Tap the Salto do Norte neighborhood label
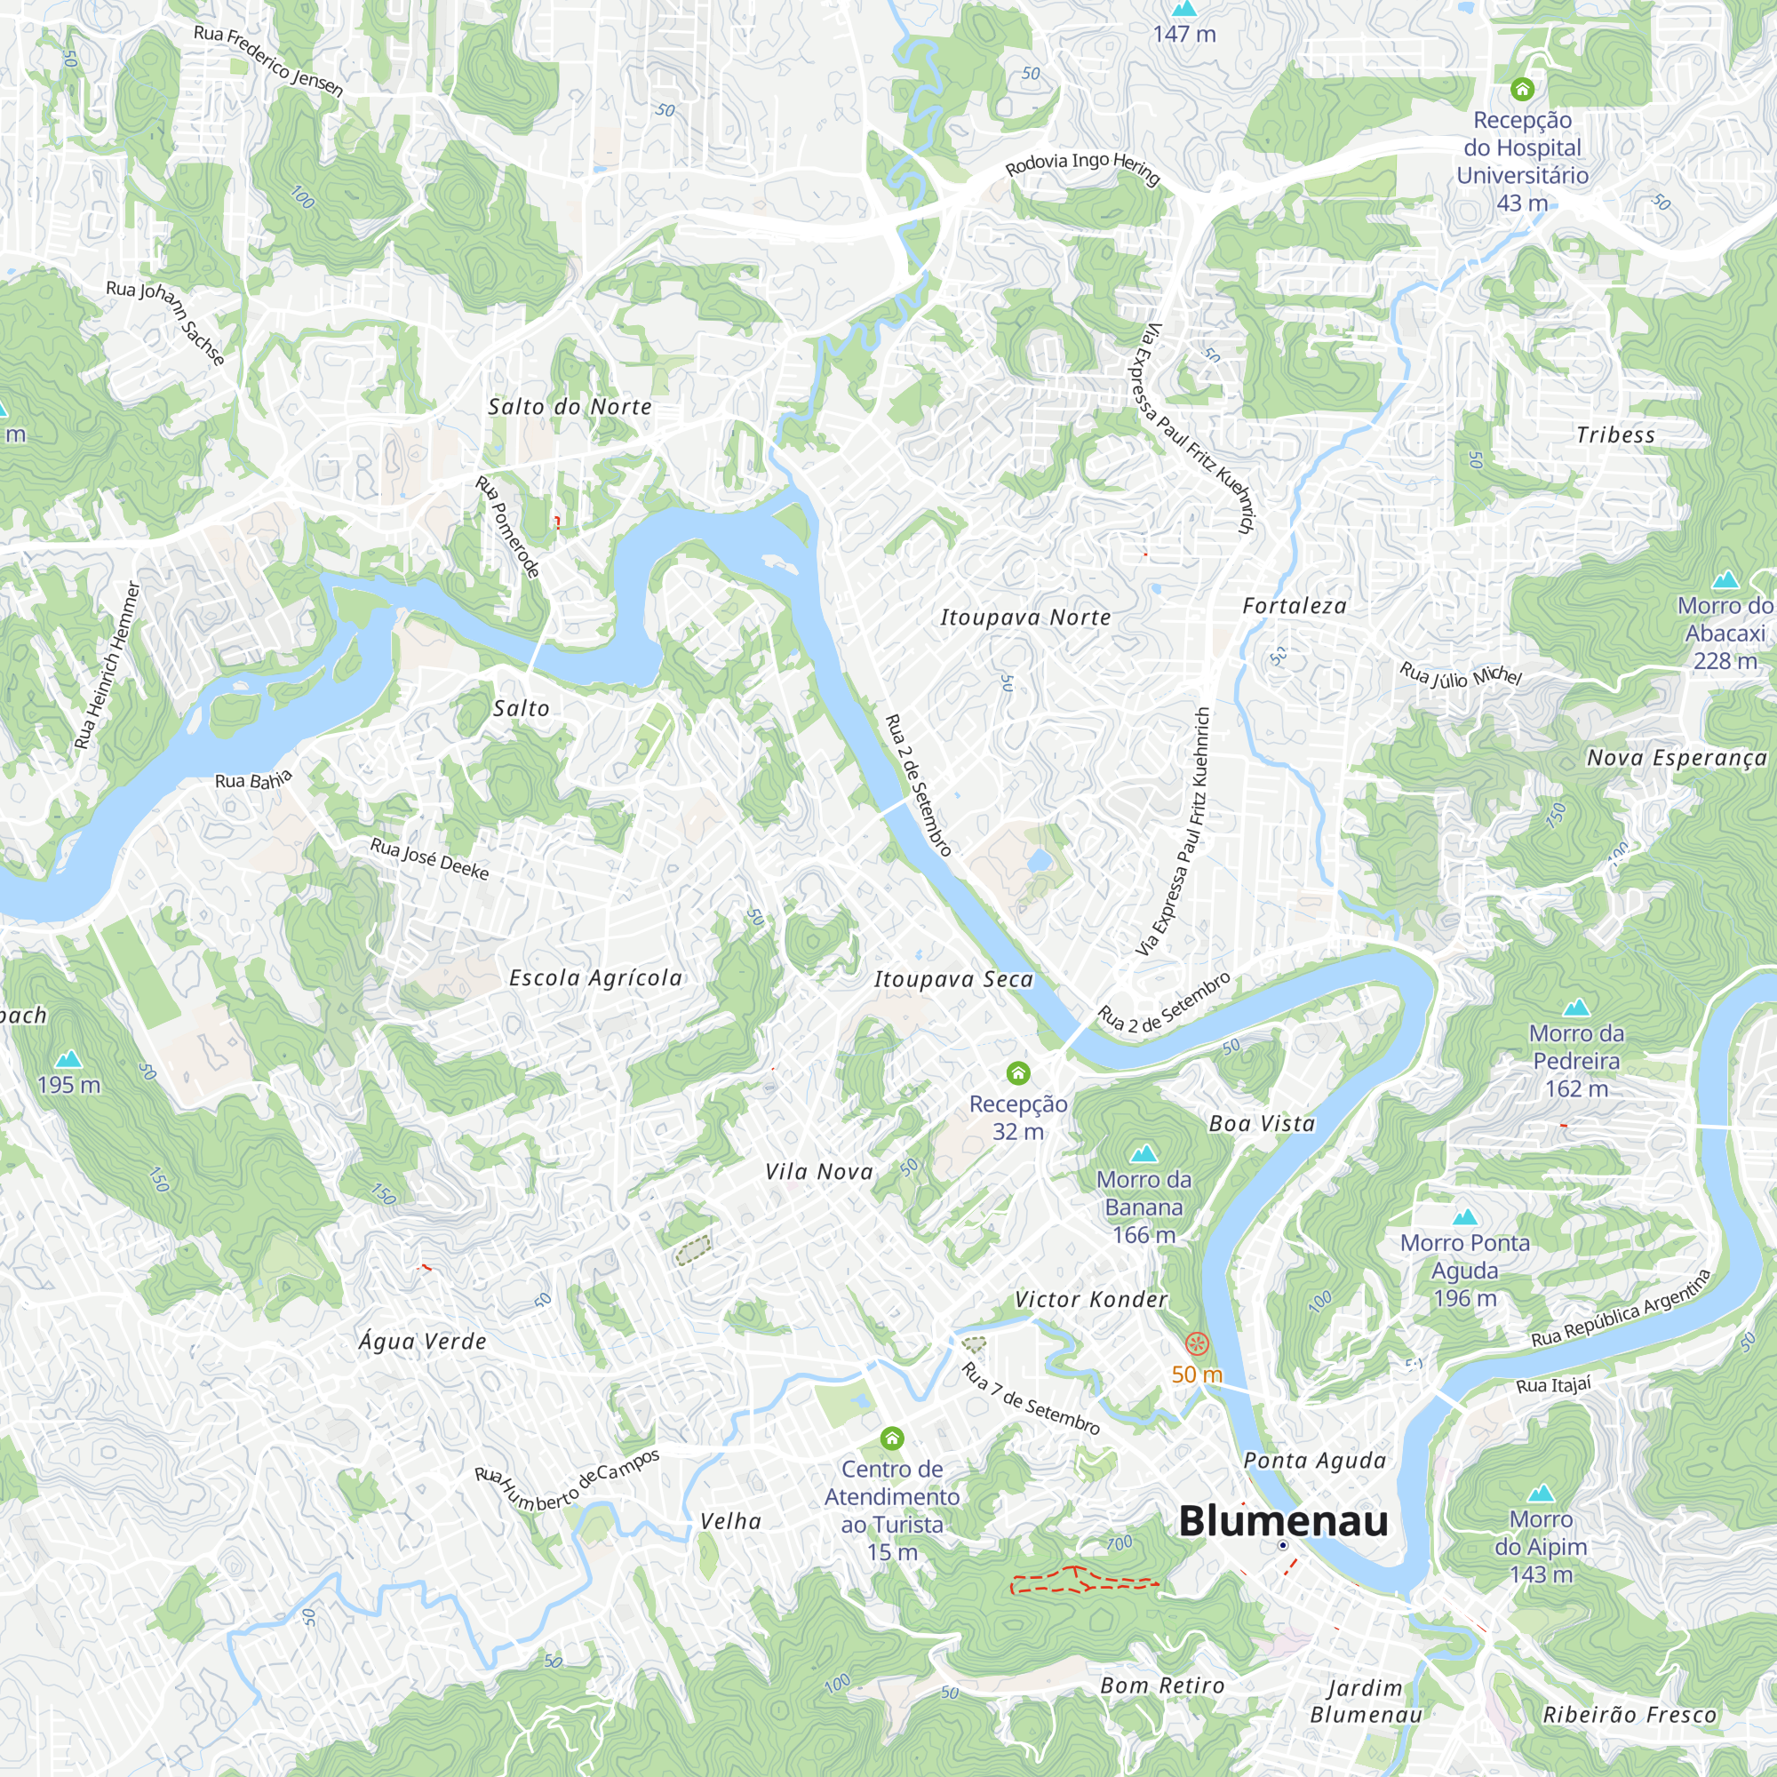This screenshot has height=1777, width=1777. (x=570, y=407)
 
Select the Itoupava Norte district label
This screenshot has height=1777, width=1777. (x=1024, y=618)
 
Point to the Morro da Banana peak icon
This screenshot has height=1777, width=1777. (x=1143, y=1152)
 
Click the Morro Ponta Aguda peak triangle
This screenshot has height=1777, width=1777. (x=1464, y=1216)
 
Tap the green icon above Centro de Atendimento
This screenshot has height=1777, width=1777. (x=891, y=1438)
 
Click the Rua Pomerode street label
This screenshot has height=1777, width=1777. (x=506, y=527)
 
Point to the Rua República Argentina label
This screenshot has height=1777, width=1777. (x=1621, y=1308)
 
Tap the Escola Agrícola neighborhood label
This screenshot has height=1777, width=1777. (x=596, y=977)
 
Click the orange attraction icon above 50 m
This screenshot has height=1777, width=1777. (x=1196, y=1343)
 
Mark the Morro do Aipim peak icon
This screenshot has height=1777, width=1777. (x=1541, y=1492)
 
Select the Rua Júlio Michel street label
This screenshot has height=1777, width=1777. (x=1461, y=675)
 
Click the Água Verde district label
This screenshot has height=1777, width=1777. (x=422, y=1341)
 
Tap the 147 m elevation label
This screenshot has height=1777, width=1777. (x=1183, y=34)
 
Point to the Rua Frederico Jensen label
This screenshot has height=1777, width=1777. (x=268, y=60)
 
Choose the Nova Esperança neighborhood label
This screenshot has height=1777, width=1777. (x=1677, y=758)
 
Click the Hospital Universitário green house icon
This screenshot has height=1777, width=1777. (x=1522, y=89)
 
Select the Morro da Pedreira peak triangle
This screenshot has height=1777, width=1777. (x=1576, y=1007)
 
